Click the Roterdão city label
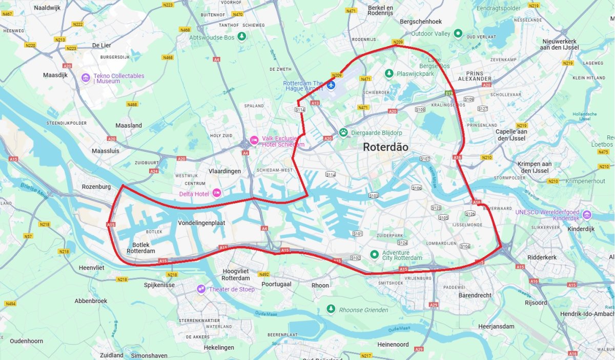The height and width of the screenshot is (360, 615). click(x=385, y=147)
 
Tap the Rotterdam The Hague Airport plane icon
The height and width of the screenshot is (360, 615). click(x=331, y=84)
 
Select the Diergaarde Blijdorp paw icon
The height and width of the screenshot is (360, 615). click(x=343, y=132)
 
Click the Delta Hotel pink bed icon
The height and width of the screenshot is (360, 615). click(x=217, y=193)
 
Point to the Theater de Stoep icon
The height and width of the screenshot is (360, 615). click(x=201, y=289)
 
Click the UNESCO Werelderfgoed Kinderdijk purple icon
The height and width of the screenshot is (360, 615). click(x=587, y=214)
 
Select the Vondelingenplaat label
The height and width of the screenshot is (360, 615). click(x=201, y=223)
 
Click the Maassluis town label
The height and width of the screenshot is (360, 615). click(x=105, y=151)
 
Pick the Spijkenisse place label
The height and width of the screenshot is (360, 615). click(x=159, y=285)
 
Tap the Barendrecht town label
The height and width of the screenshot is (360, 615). click(x=475, y=295)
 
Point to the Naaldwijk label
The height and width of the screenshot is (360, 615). click(x=47, y=8)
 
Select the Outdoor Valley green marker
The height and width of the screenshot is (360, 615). click(x=458, y=34)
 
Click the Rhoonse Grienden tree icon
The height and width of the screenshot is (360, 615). click(x=331, y=309)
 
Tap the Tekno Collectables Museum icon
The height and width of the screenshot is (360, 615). click(x=86, y=78)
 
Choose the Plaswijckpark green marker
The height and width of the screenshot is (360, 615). click(x=389, y=73)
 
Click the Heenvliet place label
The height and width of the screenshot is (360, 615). click(x=92, y=268)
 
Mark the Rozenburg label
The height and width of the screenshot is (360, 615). click(x=96, y=187)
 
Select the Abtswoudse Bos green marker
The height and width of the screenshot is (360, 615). click(x=242, y=36)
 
